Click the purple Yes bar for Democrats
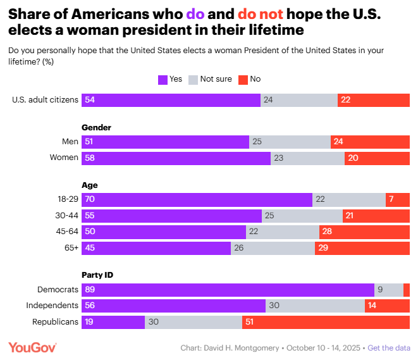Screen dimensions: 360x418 point(228,290)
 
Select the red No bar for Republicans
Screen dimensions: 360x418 point(326,321)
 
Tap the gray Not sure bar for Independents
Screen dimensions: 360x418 point(315,306)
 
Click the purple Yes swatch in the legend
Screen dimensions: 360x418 point(163,79)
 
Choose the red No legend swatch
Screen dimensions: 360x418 point(243,79)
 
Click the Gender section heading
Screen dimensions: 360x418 point(97,127)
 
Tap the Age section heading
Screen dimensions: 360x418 point(90,185)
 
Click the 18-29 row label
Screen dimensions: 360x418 point(67,200)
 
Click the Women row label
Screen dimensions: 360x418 point(64,158)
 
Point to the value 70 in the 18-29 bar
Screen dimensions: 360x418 point(89,200)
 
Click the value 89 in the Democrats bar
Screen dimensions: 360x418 point(89,290)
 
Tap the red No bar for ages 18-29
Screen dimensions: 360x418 point(398,200)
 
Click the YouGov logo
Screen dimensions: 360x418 point(32,347)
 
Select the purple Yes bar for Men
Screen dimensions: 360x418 point(165,142)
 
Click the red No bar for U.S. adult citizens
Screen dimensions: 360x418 point(373,100)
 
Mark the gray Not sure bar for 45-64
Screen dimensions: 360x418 point(282,232)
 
